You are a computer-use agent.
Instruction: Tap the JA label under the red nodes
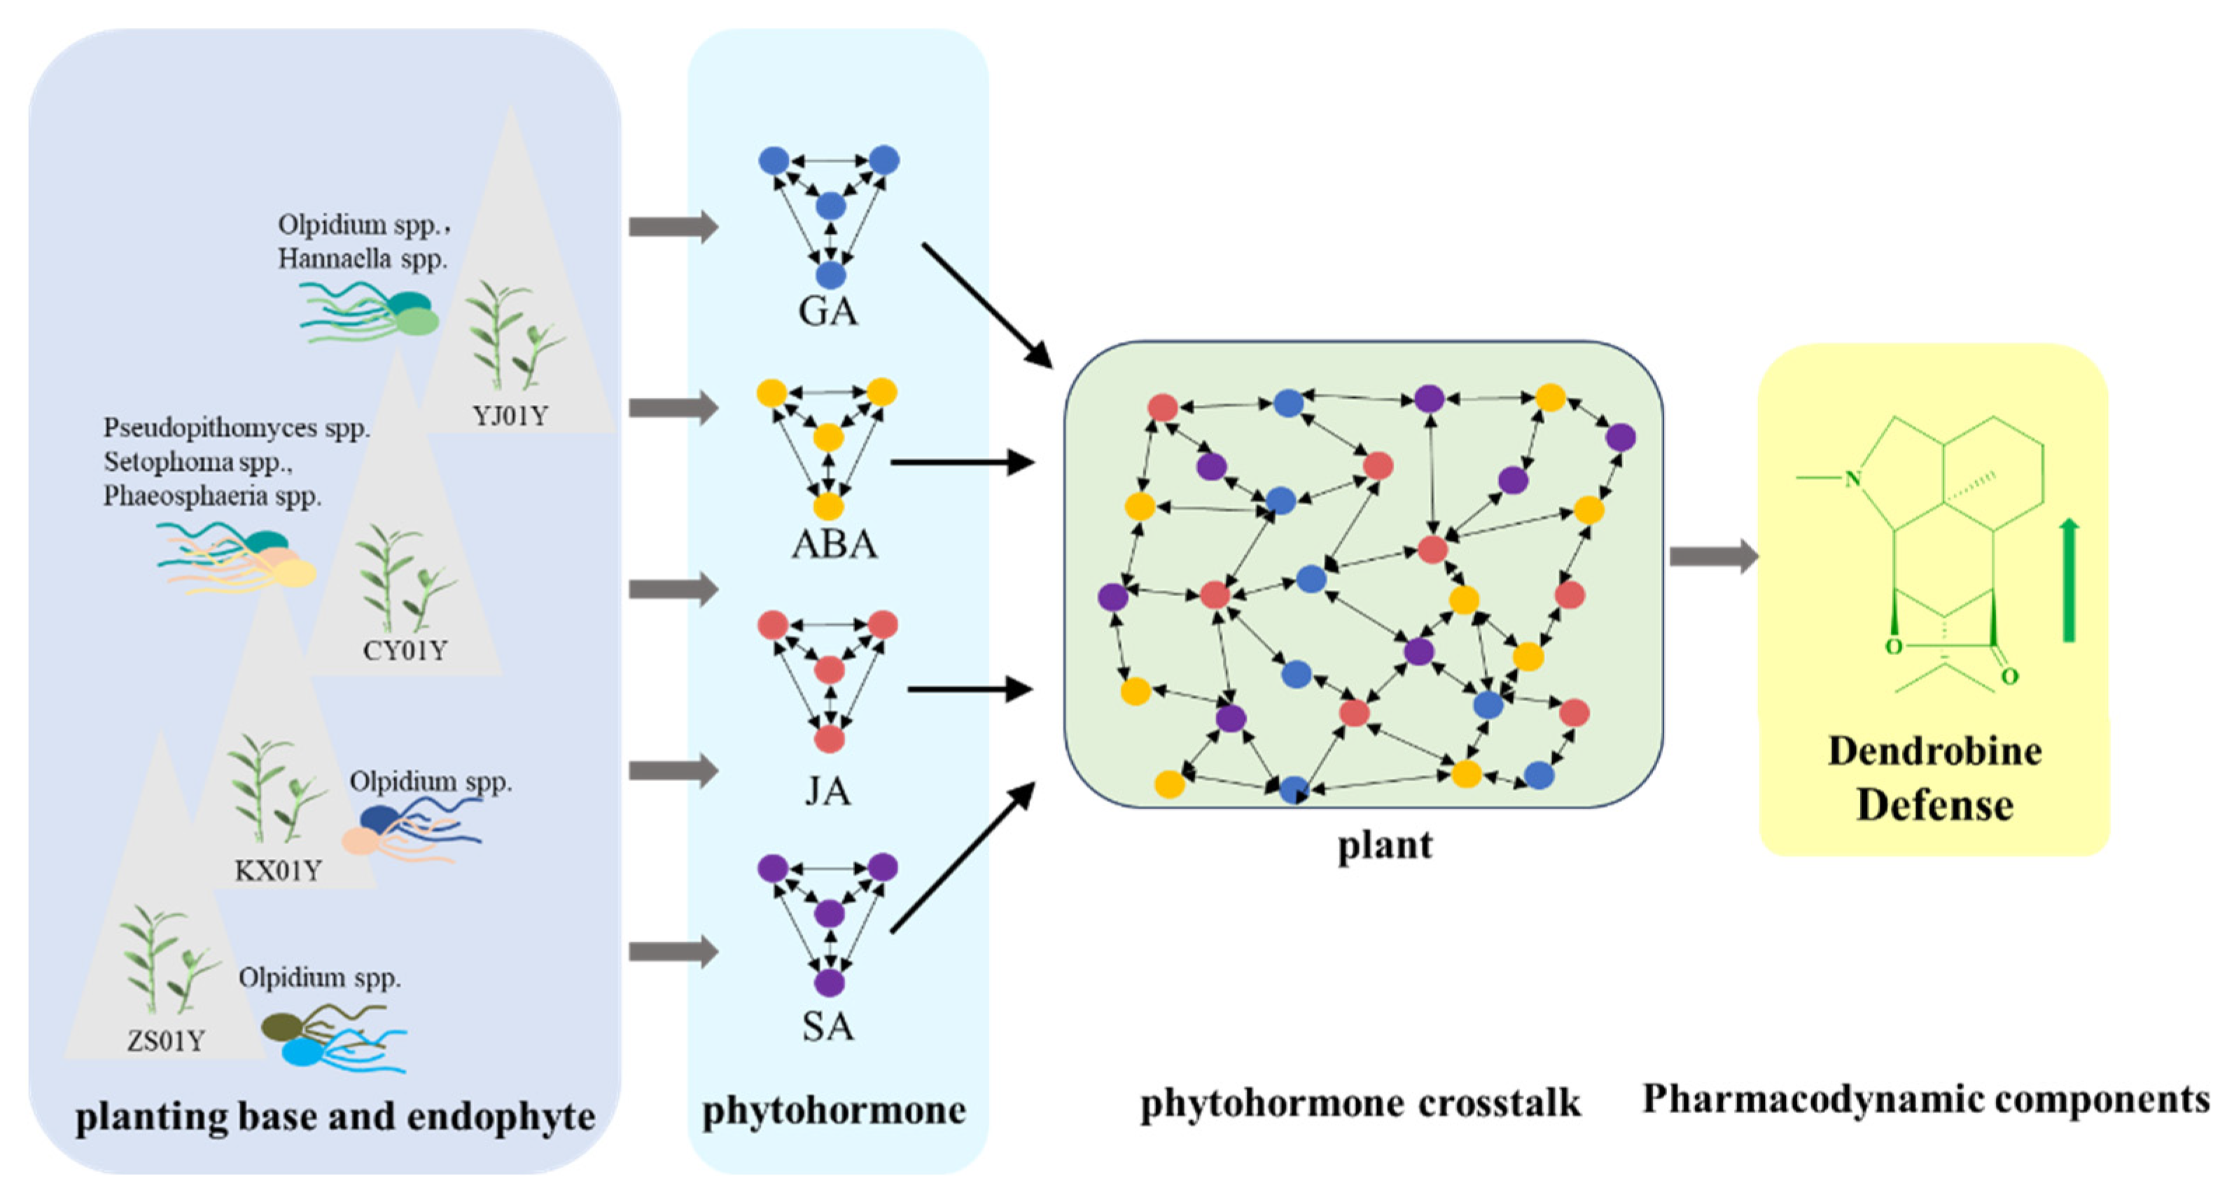(828, 790)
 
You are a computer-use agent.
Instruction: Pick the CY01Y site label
(404, 650)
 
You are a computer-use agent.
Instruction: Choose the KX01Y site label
(277, 870)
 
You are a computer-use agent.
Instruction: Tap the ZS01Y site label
(166, 1040)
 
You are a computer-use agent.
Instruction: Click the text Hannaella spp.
(363, 258)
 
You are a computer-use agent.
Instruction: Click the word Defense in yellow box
(1935, 805)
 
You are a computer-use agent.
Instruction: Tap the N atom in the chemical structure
(1853, 478)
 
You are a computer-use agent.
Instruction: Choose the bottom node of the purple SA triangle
(829, 983)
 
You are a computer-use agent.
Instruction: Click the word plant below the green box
(1385, 845)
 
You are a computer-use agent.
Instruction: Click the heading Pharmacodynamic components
(1926, 1099)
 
